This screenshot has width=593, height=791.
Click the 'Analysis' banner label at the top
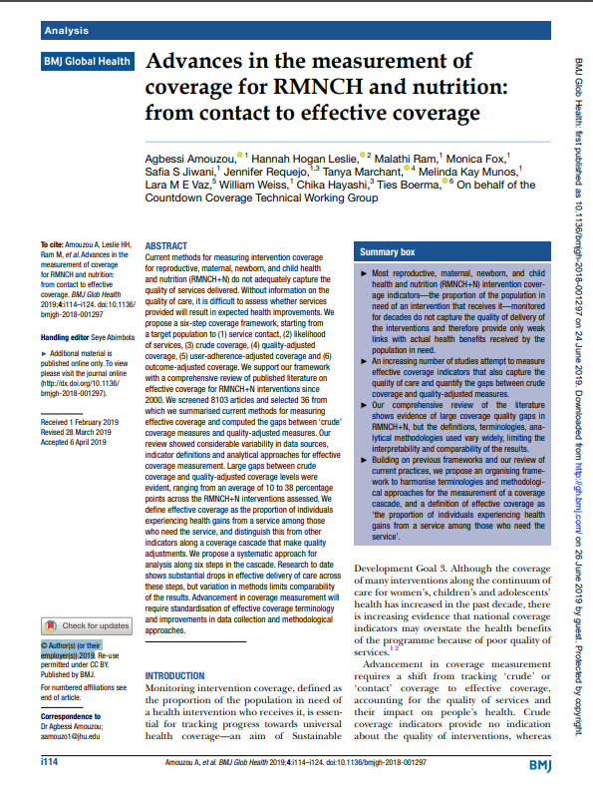(66, 31)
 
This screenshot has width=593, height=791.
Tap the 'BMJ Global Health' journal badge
(86, 62)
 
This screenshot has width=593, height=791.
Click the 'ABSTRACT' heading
(165, 245)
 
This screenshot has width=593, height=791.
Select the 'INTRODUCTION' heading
(175, 675)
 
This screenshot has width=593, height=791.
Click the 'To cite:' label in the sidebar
(51, 244)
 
